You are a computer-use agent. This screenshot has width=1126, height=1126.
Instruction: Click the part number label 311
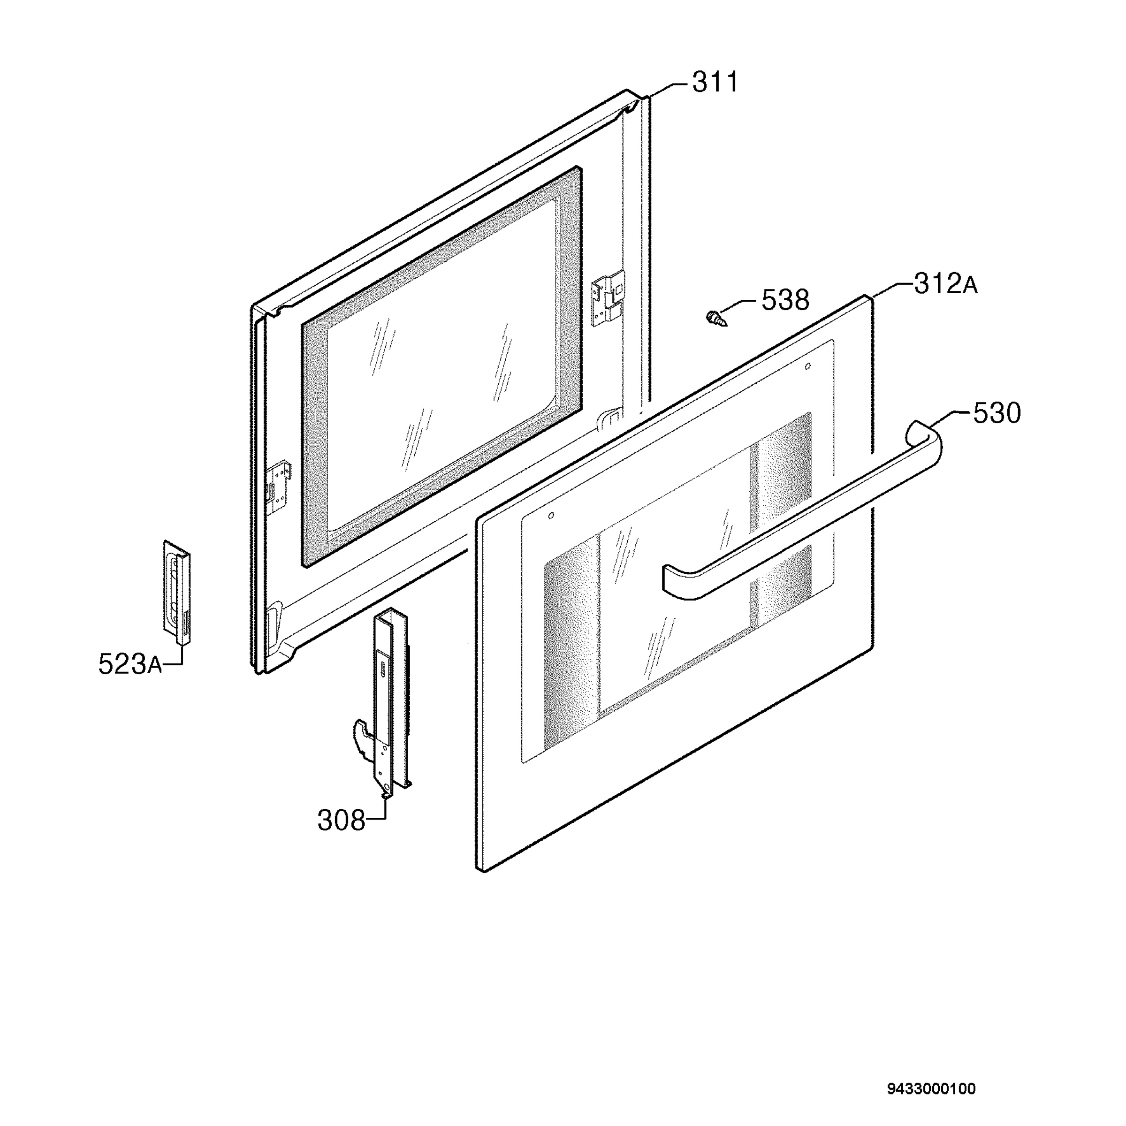click(x=715, y=82)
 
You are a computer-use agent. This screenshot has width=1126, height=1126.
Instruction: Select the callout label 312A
click(x=945, y=284)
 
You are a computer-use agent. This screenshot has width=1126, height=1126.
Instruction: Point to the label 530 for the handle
click(x=997, y=413)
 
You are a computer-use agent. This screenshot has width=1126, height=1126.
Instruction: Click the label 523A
click(x=129, y=664)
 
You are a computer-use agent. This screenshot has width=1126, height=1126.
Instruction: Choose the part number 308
click(x=341, y=821)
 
